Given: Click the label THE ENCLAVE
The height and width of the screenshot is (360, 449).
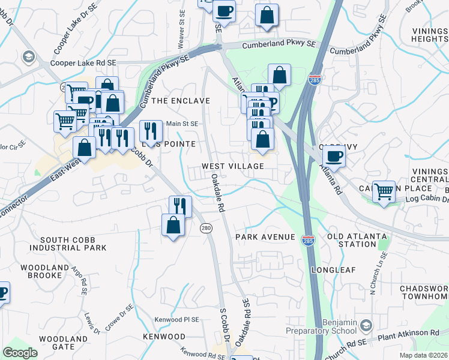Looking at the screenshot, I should pos(181,101).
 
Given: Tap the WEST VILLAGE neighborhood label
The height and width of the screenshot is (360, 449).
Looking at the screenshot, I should pos(233,166).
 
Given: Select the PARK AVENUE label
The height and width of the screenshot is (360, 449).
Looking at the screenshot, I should pos(265,237).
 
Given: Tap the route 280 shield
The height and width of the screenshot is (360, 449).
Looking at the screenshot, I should pos(206,228).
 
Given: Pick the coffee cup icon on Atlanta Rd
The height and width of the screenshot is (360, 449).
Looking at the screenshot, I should pos(334,156).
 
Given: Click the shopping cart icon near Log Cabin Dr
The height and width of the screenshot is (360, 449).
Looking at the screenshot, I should pos(384,191).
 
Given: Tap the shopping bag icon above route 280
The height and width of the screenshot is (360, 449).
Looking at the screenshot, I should pos(173,224).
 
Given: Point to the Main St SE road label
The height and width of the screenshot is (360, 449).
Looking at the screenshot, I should pos(181,124).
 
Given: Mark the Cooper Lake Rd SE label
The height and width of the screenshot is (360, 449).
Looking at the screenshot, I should pos(83,62).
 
